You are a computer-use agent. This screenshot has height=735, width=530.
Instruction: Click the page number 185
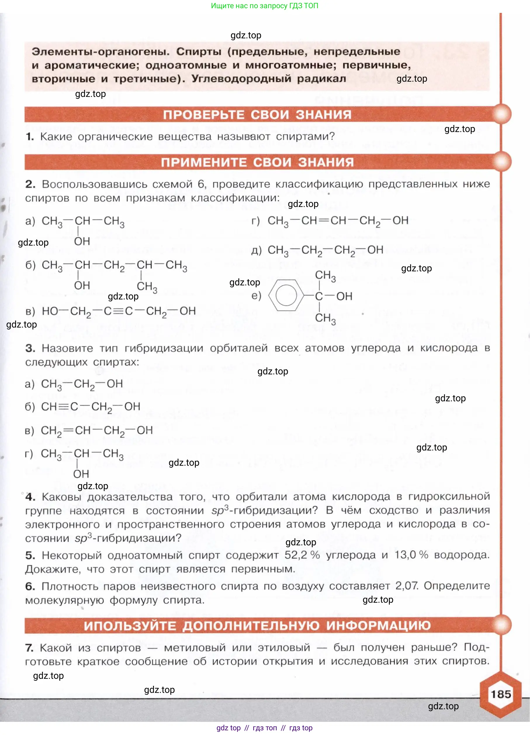500,694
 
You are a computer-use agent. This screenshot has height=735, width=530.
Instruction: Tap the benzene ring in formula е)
286,295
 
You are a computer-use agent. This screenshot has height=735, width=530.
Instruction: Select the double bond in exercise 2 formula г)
323,221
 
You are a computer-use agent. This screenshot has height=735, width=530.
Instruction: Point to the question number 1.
30,137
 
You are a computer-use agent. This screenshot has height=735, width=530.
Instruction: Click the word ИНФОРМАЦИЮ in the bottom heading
378,626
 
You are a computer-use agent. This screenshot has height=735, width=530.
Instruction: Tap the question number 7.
30,648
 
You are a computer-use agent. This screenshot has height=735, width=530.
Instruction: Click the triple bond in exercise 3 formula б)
64,407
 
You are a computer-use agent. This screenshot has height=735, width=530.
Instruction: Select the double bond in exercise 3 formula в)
68,431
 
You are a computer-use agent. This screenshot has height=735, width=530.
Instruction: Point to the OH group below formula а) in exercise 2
82,241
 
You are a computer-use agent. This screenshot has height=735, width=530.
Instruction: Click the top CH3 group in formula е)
325,276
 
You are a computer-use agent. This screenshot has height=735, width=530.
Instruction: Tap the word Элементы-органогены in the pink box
100,52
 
